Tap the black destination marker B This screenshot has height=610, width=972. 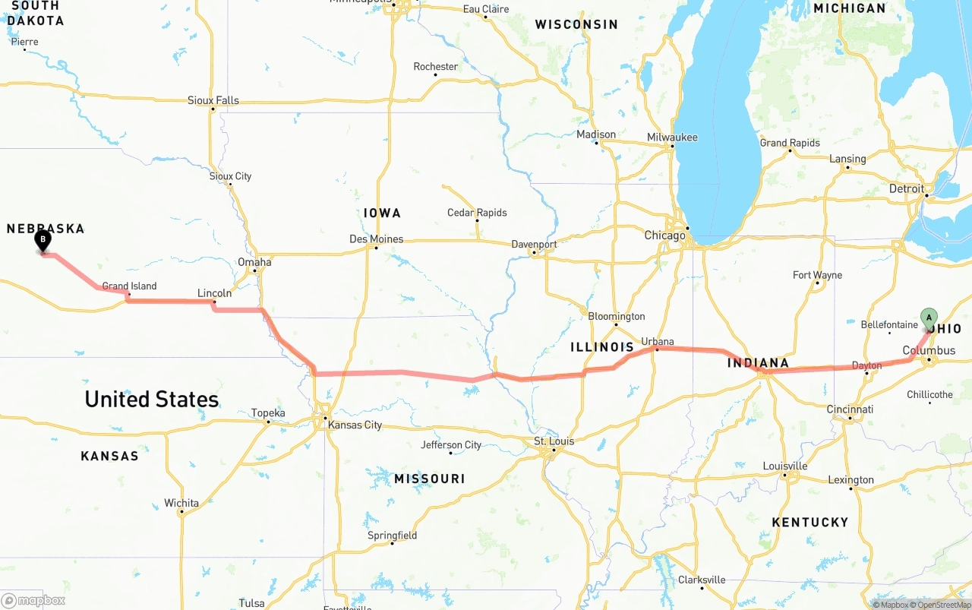[43, 241]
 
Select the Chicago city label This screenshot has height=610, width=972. [664, 235]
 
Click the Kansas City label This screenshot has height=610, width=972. [355, 425]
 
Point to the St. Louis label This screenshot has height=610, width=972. [554, 441]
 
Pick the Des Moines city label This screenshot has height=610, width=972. [376, 239]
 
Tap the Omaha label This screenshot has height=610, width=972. [254, 262]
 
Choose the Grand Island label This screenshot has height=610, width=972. [129, 286]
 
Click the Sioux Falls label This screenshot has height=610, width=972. [213, 100]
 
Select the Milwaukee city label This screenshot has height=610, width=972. [672, 137]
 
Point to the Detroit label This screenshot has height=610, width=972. [907, 188]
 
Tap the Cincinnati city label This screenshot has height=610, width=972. [850, 409]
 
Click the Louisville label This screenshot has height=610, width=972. [785, 466]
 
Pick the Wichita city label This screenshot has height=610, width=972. [181, 503]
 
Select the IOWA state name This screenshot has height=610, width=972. [381, 213]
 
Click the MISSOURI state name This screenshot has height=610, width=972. [429, 479]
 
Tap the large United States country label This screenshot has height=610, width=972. [151, 399]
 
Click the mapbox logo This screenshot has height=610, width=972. [33, 600]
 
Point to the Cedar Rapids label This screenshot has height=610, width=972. [477, 213]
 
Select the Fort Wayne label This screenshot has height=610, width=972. [817, 275]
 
